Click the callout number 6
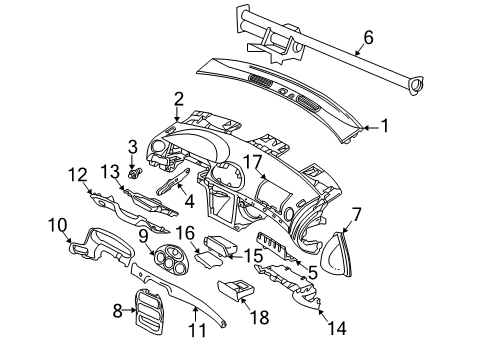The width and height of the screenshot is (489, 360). (368, 38)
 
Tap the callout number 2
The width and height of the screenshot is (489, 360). (178, 98)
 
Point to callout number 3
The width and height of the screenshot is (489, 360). (132, 148)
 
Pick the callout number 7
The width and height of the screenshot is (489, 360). (357, 212)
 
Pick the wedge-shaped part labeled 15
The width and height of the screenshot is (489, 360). (217, 244)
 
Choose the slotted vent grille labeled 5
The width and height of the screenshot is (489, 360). (276, 251)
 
